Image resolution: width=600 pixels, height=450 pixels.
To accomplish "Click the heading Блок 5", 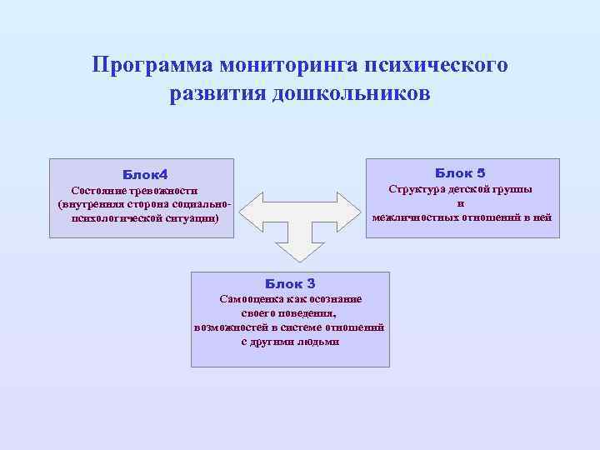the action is pos(460,172).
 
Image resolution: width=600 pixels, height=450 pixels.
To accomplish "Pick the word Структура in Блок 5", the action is pos(420,189).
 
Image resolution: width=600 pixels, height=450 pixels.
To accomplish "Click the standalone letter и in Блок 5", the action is pos(461,203).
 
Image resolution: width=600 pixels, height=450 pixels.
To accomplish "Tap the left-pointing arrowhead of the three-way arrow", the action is pos(249,211).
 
